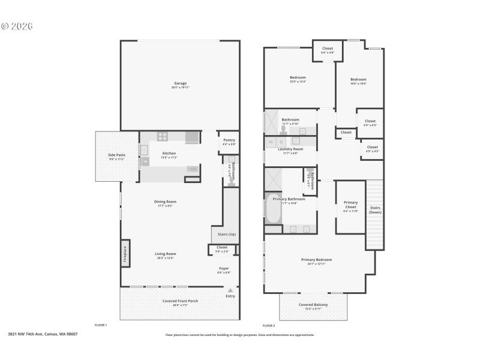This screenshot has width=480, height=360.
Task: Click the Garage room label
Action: tap(180, 83)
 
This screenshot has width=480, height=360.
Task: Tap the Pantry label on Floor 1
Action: tap(229, 140)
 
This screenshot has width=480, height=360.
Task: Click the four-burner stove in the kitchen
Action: tap(163, 136)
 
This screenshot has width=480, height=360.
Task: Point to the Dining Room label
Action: tap(165, 202)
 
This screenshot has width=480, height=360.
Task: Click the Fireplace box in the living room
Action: tap(125, 254)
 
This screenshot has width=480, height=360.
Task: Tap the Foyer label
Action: tap(224, 268)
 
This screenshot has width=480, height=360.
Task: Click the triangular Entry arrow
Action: tap(230, 290)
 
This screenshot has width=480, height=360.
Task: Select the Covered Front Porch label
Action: tap(180, 301)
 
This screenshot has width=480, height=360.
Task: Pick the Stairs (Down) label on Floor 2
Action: tap(375, 210)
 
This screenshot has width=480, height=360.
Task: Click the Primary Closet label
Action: tap(350, 205)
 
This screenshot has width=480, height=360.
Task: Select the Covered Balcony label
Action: tap(313, 305)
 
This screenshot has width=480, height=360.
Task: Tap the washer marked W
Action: tap(271, 142)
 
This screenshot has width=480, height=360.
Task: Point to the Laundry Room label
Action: tap(290, 149)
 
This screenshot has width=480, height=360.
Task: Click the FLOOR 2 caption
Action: tap(269, 325)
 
